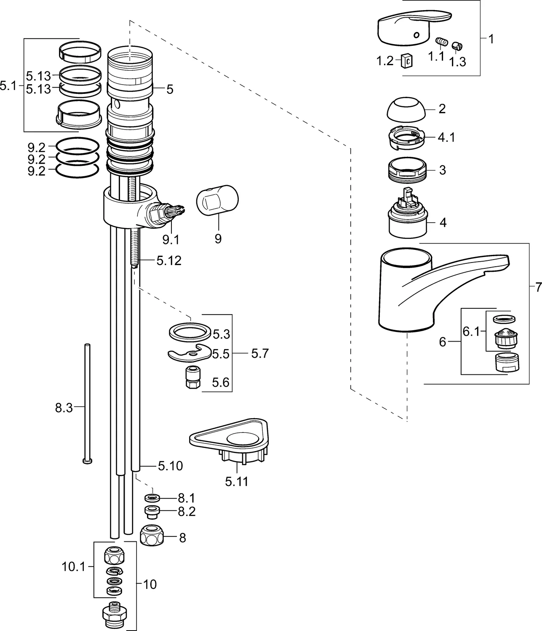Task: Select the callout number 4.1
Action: (x=447, y=137)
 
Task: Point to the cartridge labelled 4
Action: (x=407, y=217)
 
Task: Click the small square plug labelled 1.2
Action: (x=406, y=61)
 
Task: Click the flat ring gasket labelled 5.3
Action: (x=190, y=331)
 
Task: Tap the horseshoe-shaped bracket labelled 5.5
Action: (x=188, y=354)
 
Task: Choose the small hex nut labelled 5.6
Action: (x=192, y=377)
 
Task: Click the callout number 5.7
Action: (x=259, y=354)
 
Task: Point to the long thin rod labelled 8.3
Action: (x=87, y=404)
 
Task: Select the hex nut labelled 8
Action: (x=151, y=536)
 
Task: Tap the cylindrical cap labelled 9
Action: (x=217, y=200)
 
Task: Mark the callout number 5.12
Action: (x=169, y=261)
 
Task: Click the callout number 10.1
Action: (x=73, y=567)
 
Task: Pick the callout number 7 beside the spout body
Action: (x=538, y=288)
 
